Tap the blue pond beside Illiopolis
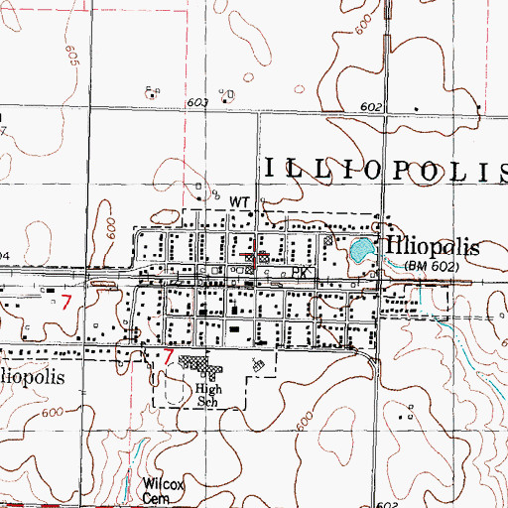pyautogui.click(x=359, y=249)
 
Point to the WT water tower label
pyautogui.click(x=239, y=201)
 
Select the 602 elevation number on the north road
pyautogui.click(x=371, y=106)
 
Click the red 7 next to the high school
pyautogui.click(x=169, y=355)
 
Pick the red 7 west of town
pyautogui.click(x=66, y=301)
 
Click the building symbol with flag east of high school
pyautogui.click(x=258, y=366)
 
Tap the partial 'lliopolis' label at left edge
pyautogui.click(x=33, y=379)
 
